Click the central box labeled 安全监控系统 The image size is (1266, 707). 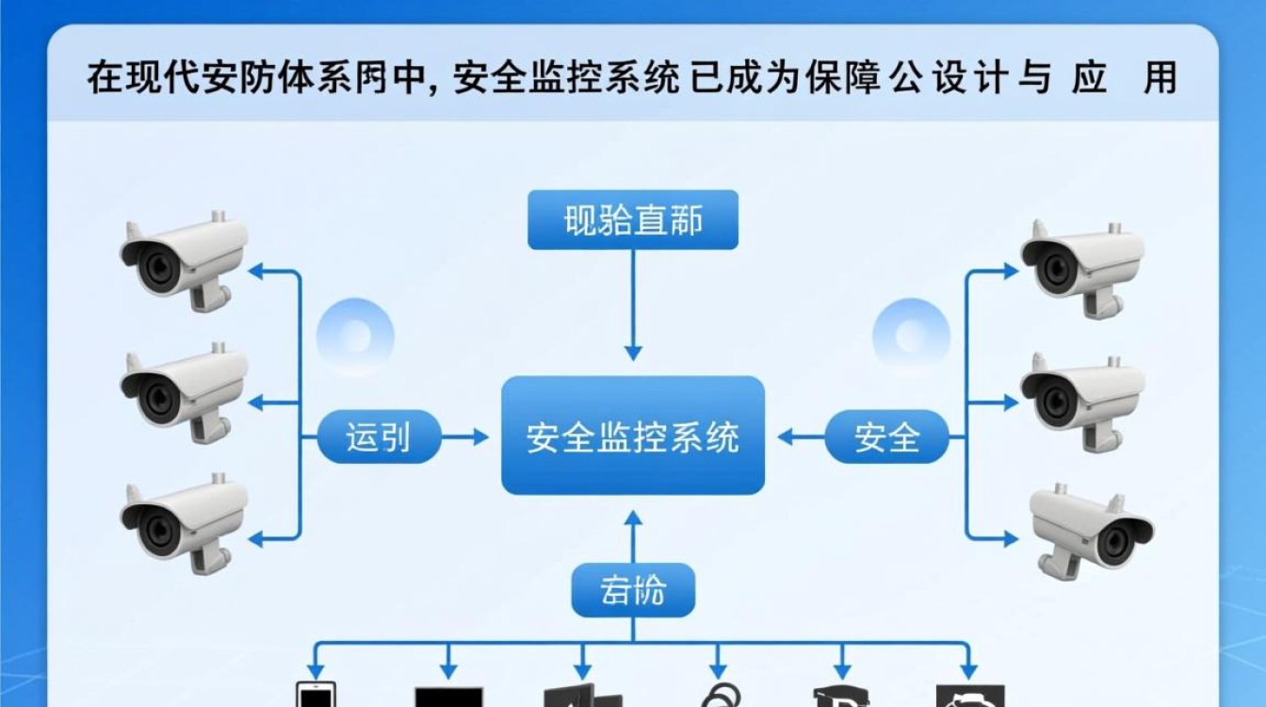(632, 436)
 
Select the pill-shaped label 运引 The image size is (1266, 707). (379, 436)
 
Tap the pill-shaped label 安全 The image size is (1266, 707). (886, 436)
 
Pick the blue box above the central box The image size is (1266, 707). (632, 221)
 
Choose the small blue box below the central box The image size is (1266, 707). (632, 590)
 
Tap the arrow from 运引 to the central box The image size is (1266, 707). (466, 436)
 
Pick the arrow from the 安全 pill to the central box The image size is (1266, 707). (801, 436)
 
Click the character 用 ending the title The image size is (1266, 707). (1160, 78)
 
